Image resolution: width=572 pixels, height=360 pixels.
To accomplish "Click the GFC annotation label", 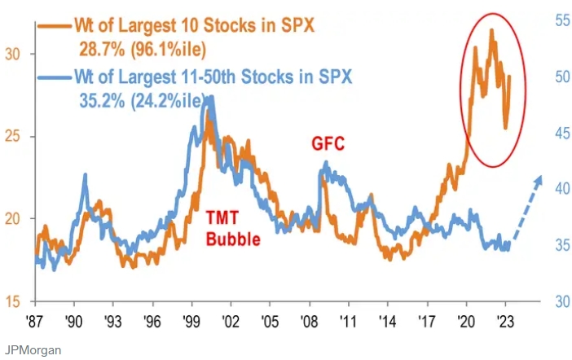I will pos(328,144).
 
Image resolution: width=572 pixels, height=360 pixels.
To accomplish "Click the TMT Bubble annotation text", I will pos(232,228).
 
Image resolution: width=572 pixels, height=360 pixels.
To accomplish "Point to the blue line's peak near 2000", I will pos(211,98).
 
